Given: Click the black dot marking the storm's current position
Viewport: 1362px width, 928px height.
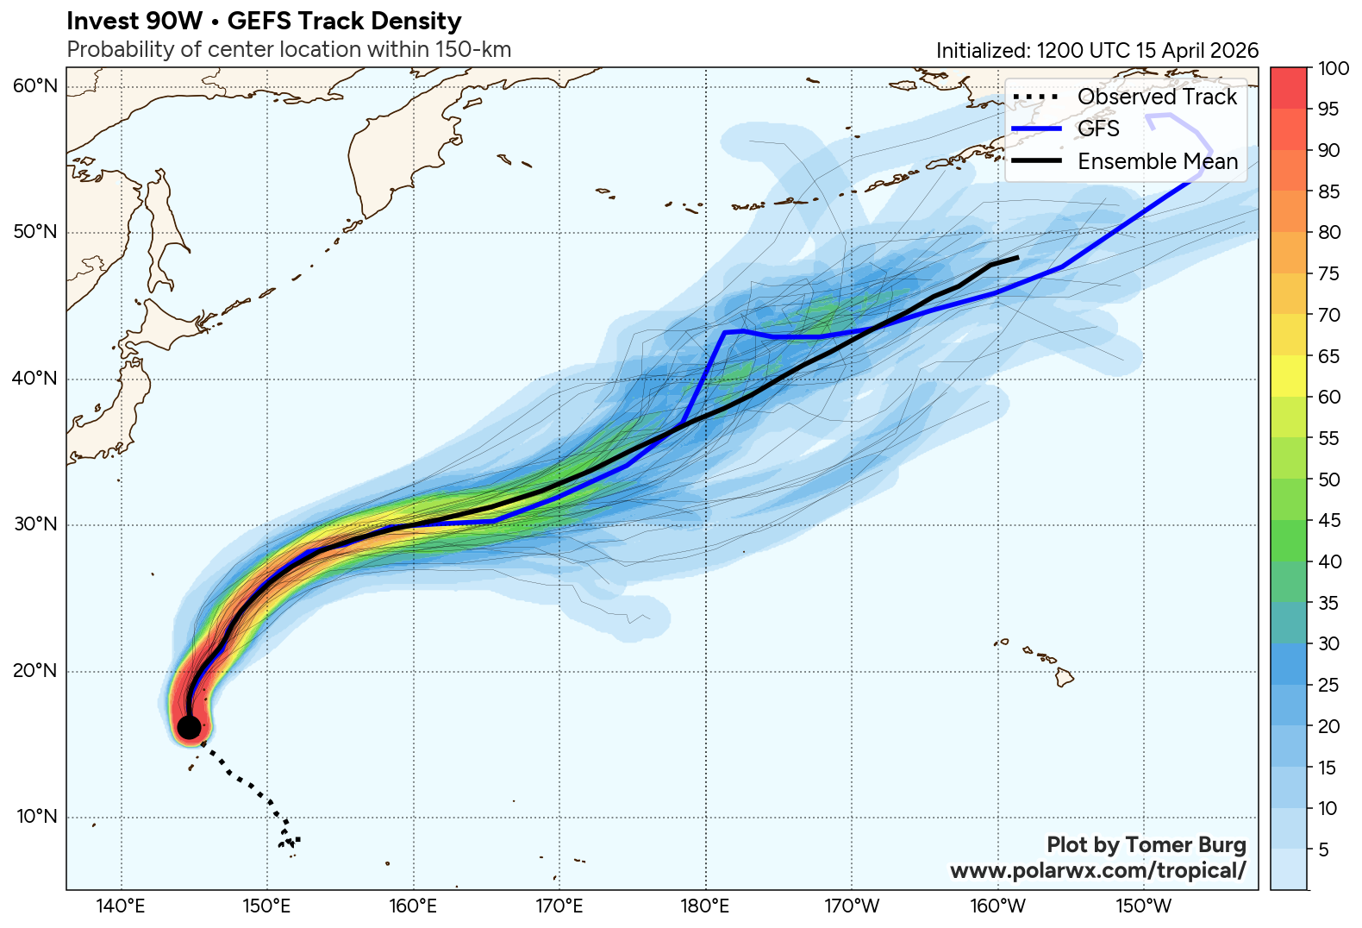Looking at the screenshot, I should click(x=189, y=727).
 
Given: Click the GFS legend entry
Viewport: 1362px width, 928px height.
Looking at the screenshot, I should click(x=1098, y=129).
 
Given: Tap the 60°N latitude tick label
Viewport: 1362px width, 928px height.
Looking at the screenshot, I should click(x=35, y=85).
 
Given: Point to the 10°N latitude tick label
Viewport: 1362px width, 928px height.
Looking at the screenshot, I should click(x=35, y=817).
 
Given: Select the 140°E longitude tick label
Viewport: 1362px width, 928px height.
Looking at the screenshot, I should click(x=121, y=906).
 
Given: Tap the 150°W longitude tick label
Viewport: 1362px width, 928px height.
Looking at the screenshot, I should click(x=1145, y=906).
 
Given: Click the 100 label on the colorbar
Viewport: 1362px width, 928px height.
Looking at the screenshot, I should click(x=1334, y=69).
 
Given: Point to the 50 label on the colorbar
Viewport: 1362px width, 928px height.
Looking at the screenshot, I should click(x=1329, y=480).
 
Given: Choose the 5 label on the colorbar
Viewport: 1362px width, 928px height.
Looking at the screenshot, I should click(x=1324, y=850).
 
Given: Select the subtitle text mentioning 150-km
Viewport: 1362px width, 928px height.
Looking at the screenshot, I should click(x=289, y=49).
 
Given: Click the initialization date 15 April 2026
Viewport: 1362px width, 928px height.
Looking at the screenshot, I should click(x=1196, y=50).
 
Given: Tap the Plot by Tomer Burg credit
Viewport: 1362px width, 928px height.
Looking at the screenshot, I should click(x=1146, y=844).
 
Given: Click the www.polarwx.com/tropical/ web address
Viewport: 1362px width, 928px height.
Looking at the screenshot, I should click(x=1097, y=870).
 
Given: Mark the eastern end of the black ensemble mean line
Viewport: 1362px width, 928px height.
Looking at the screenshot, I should click(x=1018, y=257).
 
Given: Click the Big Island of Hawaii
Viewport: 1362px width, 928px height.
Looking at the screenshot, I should click(x=1065, y=677).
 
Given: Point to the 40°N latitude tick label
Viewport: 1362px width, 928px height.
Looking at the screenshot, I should click(x=35, y=379).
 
